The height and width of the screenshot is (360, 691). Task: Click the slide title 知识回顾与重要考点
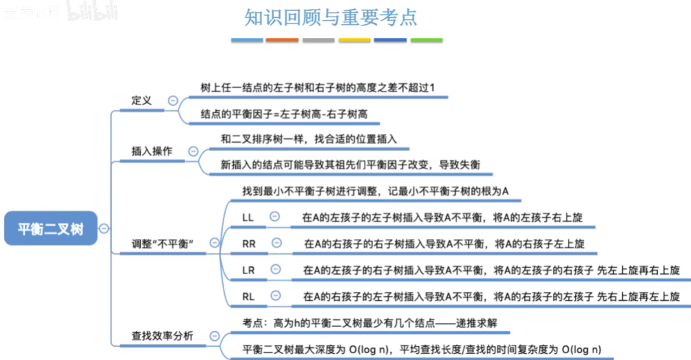tap(331, 17)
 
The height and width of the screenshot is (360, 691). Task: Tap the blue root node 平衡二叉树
tap(50, 229)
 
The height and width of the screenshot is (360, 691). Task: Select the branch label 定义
tap(142, 101)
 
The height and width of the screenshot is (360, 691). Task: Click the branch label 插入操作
tap(151, 151)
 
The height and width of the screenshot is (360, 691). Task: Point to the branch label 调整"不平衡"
tap(163, 243)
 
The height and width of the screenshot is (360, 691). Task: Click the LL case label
tap(248, 217)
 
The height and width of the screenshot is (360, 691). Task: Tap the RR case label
tap(249, 243)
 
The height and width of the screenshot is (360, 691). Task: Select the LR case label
tap(249, 270)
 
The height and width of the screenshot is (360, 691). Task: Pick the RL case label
tap(249, 296)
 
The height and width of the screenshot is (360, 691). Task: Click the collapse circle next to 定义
tap(173, 100)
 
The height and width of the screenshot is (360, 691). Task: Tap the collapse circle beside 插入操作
tap(193, 151)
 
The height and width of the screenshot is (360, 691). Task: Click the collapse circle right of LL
tap(275, 217)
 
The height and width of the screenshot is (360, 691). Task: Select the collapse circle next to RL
tap(275, 296)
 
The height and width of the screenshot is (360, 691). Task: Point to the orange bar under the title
tap(282, 40)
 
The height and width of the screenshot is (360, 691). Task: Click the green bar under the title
tap(426, 40)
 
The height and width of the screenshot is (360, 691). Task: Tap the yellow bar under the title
tap(354, 40)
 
